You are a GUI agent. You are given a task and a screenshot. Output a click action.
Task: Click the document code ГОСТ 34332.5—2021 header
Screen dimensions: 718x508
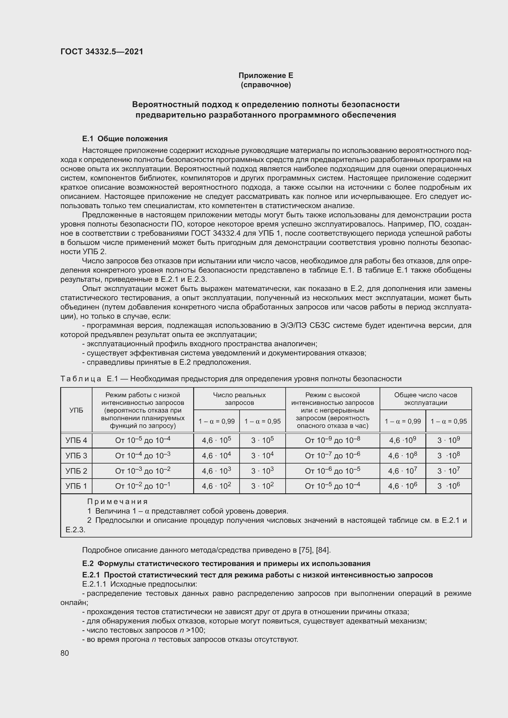102,52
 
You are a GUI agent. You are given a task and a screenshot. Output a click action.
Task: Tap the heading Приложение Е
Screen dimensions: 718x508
266,76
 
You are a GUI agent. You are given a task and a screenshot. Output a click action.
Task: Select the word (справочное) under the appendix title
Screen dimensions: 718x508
266,85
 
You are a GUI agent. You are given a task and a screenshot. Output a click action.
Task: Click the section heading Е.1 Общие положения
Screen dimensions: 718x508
125,138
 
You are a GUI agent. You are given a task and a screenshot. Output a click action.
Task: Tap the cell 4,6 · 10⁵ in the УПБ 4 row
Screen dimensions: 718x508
216,441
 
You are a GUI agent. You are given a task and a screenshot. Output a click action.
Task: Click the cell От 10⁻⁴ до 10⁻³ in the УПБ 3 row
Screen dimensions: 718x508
143,456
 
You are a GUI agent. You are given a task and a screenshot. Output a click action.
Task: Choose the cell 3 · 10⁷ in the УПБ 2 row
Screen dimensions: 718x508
448,471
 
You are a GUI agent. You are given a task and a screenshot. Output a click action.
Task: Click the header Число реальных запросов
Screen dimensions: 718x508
239,399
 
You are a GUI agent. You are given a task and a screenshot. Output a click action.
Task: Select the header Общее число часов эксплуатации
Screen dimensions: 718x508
425,399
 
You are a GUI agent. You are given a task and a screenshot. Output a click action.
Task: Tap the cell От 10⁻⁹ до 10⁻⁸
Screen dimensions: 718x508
332,441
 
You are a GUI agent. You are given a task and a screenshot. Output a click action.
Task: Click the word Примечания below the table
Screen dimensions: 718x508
117,502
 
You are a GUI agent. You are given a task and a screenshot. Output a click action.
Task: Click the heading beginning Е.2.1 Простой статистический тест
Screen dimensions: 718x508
257,575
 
